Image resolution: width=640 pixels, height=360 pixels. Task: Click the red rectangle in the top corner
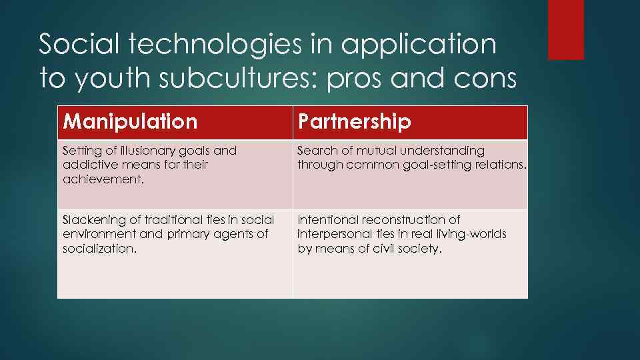565,29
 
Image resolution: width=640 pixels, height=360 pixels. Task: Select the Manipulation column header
130,122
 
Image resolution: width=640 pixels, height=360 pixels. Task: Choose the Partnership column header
354,122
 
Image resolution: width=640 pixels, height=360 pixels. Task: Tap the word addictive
84,164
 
